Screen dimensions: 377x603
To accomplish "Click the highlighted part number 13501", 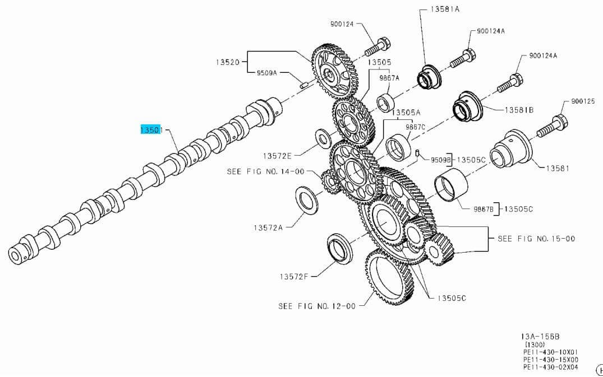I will (x=151, y=129).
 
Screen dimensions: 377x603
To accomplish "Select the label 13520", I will (x=228, y=62).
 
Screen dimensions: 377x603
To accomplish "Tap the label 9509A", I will (x=266, y=73).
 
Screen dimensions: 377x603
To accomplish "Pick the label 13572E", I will (x=277, y=156).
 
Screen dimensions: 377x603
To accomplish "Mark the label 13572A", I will (x=268, y=227).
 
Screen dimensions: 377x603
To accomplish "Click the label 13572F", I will (x=294, y=276).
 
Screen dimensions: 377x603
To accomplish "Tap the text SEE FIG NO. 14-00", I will (x=266, y=171).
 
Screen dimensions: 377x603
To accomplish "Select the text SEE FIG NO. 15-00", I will (x=536, y=238).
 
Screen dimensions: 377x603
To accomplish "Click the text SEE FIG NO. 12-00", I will (x=317, y=306).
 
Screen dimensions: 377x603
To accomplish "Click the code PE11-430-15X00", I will (x=551, y=360).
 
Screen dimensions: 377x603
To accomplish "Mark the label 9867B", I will (x=483, y=209).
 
